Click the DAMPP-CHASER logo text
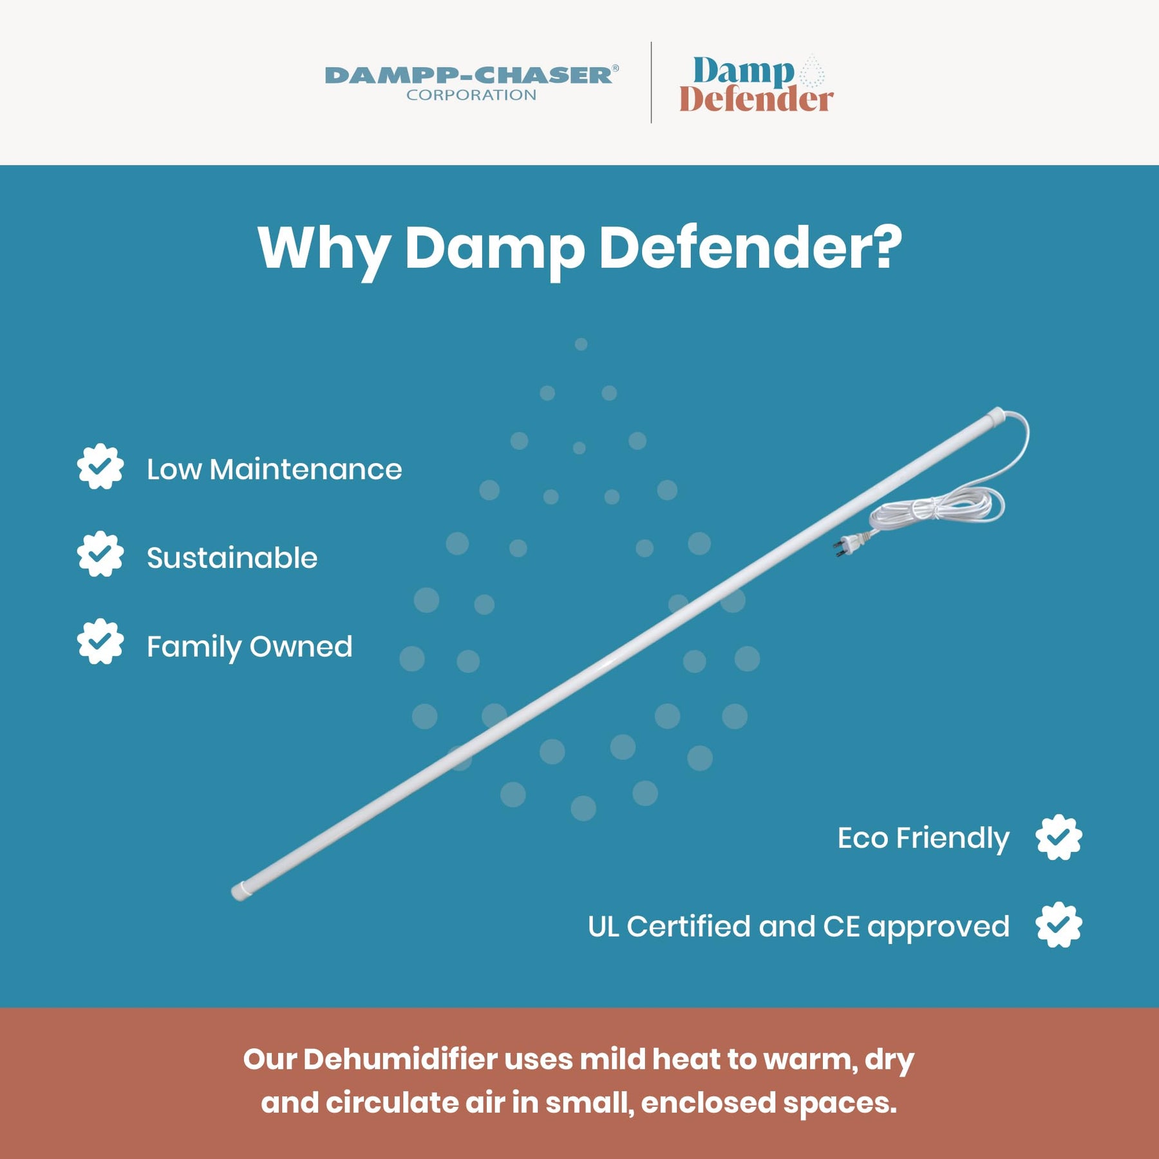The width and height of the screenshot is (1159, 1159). point(471,75)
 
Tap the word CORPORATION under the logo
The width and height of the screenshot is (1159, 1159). point(471,95)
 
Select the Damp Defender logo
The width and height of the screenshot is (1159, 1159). point(756,84)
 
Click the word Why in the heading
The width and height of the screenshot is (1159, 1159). point(324,250)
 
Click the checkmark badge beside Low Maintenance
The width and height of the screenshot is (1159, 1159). point(100,467)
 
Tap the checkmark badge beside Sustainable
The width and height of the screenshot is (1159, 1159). point(100,554)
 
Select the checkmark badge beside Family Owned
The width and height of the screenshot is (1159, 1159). point(100,642)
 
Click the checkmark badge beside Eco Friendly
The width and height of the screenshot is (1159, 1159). point(1059,838)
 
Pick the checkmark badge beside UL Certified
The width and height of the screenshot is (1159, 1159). point(1059,925)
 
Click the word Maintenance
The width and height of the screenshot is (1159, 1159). point(306,469)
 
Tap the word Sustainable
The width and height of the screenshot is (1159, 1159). point(232,558)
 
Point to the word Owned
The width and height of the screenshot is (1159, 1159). point(301,646)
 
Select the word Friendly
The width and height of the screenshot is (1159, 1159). point(953,839)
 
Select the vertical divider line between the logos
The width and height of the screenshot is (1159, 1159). point(651,82)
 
